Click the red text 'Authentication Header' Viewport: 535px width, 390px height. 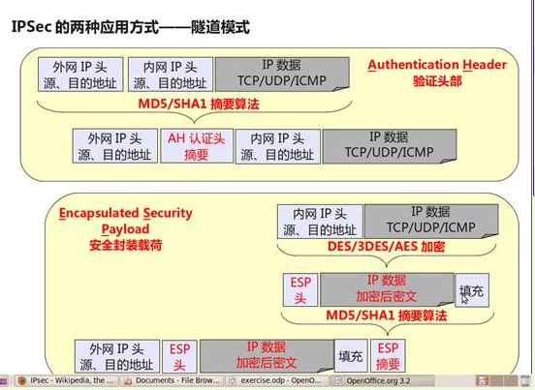[437, 65]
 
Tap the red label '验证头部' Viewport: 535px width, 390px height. [437, 81]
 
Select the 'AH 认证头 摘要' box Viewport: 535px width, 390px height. [197, 146]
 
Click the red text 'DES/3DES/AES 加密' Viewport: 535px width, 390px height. [386, 246]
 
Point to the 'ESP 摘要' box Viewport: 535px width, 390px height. [388, 355]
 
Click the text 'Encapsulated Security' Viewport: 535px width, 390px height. [126, 213]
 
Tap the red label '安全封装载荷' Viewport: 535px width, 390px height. [126, 245]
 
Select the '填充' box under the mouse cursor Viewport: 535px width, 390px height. [472, 290]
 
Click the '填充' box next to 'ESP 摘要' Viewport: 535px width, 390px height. [351, 355]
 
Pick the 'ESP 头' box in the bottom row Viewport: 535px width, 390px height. [179, 356]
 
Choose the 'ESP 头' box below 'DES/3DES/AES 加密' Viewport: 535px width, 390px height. [300, 290]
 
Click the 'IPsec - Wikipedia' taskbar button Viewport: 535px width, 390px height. [67, 380]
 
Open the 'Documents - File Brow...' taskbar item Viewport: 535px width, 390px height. [173, 380]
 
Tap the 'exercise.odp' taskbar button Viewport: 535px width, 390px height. [276, 380]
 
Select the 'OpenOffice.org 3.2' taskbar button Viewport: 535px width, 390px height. [382, 380]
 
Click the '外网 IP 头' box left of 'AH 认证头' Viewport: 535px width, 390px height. [115, 146]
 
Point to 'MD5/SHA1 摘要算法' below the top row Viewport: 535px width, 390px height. [199, 104]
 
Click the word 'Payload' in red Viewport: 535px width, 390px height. [126, 229]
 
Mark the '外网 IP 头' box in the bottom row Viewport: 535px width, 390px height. [117, 356]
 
